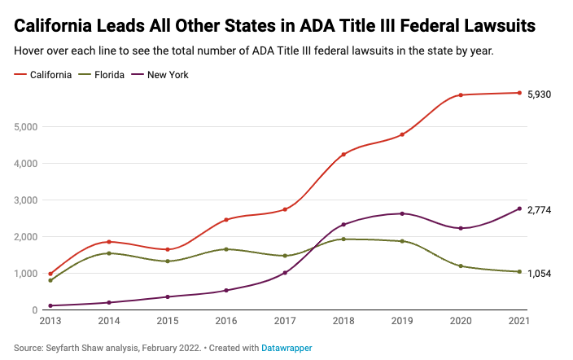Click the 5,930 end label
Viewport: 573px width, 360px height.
click(539, 94)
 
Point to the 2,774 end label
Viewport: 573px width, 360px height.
click(539, 210)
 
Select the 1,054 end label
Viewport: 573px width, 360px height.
click(539, 274)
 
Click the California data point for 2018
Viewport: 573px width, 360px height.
click(343, 155)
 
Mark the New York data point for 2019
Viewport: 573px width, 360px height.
click(402, 213)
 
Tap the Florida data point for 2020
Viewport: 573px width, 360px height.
click(461, 266)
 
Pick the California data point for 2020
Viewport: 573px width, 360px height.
click(461, 95)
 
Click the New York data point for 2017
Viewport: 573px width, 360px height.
click(285, 273)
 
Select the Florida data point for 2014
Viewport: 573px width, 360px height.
click(109, 253)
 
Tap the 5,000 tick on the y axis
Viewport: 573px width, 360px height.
click(27, 127)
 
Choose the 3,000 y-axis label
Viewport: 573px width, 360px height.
click(27, 200)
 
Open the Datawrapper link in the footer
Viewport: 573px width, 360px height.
click(286, 348)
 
